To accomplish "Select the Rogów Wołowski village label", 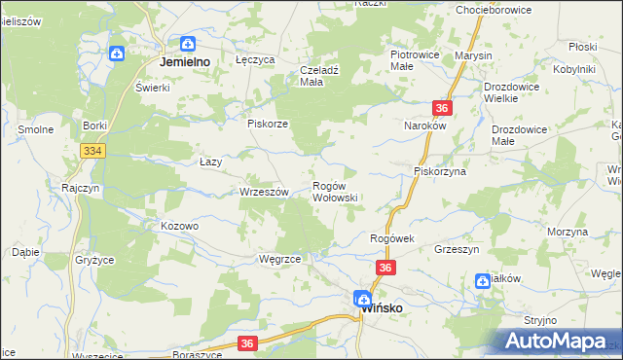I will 335,191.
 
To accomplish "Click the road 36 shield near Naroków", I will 442,109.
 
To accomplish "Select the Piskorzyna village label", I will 440,171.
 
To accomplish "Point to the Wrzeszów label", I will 264,193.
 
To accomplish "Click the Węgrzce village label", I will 279,260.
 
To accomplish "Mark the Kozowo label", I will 179,226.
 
